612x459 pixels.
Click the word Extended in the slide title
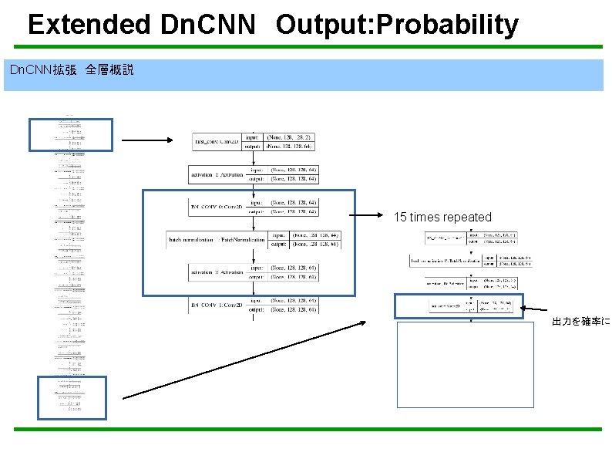pyautogui.click(x=89, y=25)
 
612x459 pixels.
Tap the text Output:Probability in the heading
pyautogui.click(x=397, y=25)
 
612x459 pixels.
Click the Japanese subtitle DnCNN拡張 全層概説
pyautogui.click(x=71, y=70)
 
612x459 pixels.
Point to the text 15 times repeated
pyautogui.click(x=442, y=217)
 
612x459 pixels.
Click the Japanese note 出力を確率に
pyautogui.click(x=580, y=321)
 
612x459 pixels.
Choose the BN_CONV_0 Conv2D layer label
pyautogui.click(x=216, y=207)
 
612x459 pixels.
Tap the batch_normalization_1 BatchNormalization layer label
pyautogui.click(x=217, y=241)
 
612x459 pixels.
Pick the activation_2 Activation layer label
pyautogui.click(x=215, y=272)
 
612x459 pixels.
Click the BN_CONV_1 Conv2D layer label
pyautogui.click(x=216, y=305)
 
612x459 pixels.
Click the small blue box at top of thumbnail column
pyautogui.click(x=71, y=134)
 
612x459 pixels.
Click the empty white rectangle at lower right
pyautogui.click(x=465, y=364)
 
